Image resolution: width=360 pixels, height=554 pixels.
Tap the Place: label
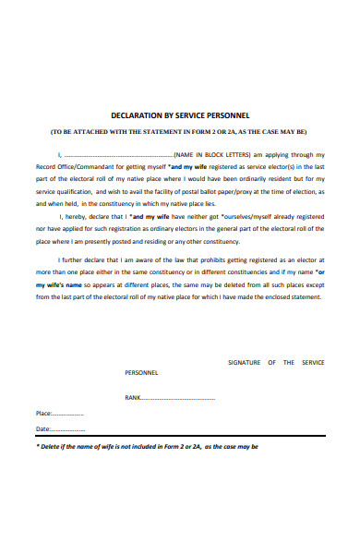click(x=43, y=414)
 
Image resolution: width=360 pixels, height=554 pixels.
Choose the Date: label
click(x=42, y=429)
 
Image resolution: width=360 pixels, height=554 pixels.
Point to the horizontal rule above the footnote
click(x=180, y=438)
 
